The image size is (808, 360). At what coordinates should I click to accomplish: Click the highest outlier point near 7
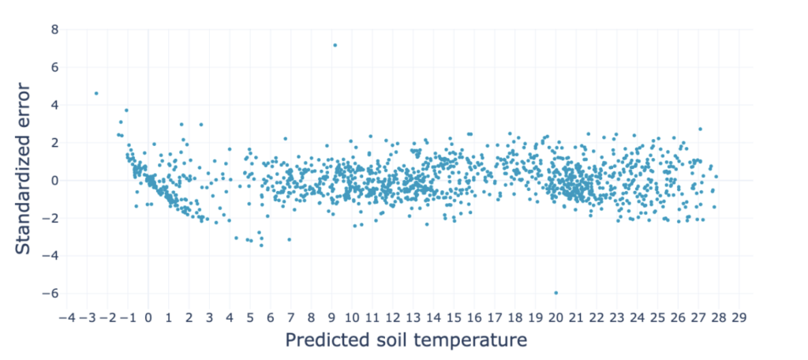[x=335, y=45]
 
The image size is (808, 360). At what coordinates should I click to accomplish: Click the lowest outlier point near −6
[x=556, y=293]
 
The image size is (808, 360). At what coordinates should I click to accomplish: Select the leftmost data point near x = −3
[x=96, y=93]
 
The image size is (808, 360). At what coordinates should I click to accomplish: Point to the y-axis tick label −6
[x=50, y=294]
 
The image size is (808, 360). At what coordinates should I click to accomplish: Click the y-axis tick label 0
[x=54, y=181]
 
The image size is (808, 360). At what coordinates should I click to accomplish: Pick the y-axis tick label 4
[x=54, y=105]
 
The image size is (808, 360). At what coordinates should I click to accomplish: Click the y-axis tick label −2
[x=50, y=219]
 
